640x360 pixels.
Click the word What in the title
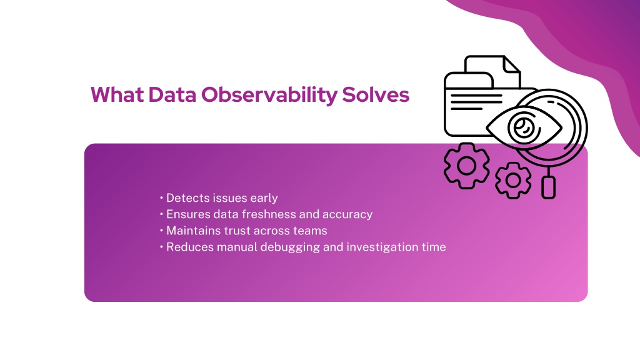117,94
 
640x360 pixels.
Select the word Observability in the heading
269,95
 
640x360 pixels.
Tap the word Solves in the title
376,94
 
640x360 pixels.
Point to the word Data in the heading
172,94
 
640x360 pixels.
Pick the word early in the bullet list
264,198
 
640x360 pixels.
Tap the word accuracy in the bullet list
347,215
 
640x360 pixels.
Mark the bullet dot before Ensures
162,214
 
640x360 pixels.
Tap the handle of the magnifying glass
549,187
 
